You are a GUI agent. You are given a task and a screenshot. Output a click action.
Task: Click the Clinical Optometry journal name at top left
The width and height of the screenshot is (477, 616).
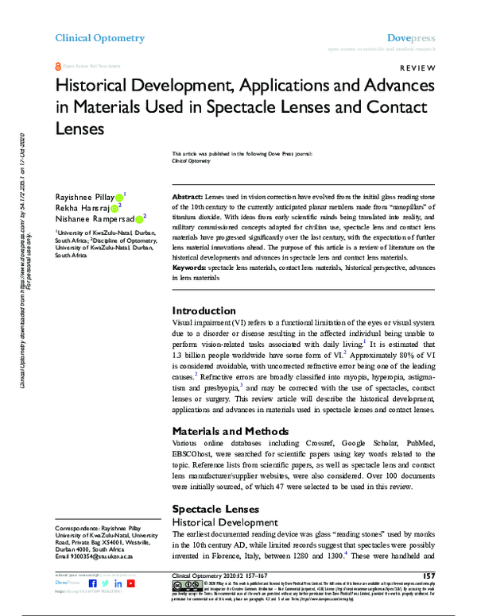pos(99,37)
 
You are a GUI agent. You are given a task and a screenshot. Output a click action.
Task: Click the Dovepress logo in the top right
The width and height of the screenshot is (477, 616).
pos(409,37)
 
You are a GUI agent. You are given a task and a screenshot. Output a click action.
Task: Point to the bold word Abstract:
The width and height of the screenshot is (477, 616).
pos(189,195)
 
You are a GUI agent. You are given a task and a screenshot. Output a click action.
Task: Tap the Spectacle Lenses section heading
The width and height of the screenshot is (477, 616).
pos(215,508)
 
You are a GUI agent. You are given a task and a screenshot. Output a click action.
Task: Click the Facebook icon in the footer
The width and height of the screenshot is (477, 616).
pos(91,583)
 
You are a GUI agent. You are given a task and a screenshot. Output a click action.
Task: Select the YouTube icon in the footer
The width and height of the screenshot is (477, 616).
pos(130,583)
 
